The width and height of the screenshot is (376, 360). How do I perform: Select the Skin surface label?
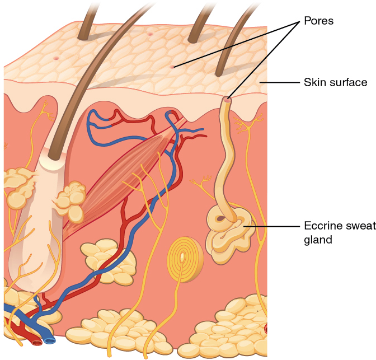point(335,82)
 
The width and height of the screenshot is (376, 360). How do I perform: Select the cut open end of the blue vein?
point(50,339)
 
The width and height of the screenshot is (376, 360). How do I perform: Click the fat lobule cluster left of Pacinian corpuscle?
point(110,259)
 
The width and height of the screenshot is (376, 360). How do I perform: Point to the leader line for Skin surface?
point(280,82)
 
